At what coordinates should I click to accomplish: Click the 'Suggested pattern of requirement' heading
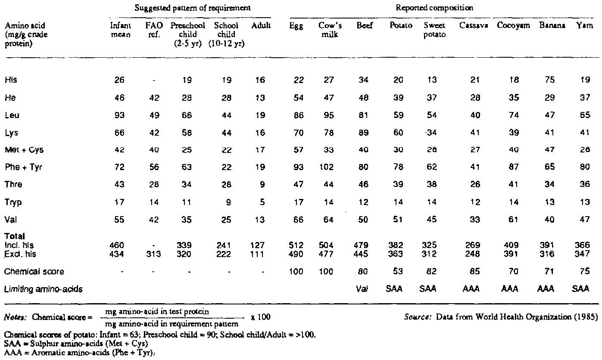[x=192, y=8]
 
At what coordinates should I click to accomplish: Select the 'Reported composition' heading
[x=434, y=8]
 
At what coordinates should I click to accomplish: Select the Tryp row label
[x=13, y=202]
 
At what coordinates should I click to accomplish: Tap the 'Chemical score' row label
[x=28, y=272]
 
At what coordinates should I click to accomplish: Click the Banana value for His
[x=550, y=80]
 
